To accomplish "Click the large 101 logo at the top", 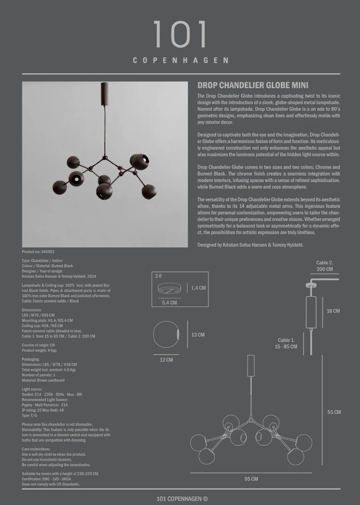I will [x=180, y=34].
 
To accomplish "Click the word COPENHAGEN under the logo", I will [x=180, y=60].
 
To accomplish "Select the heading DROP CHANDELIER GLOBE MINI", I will [x=253, y=85].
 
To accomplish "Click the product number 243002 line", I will [x=38, y=252].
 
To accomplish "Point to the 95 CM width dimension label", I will [x=251, y=479].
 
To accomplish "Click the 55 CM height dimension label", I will [x=334, y=412].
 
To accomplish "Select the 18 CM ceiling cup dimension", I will [x=333, y=311].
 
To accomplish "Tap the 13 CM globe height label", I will [x=198, y=335].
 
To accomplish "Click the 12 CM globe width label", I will [x=166, y=360].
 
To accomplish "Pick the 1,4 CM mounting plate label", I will [x=198, y=288].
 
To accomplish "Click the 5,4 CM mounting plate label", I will [x=170, y=303].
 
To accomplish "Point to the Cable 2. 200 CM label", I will [x=324, y=266].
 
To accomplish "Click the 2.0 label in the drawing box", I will [x=158, y=276].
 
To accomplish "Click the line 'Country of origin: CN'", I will [x=38, y=345].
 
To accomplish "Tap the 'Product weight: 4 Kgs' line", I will [x=39, y=350].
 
